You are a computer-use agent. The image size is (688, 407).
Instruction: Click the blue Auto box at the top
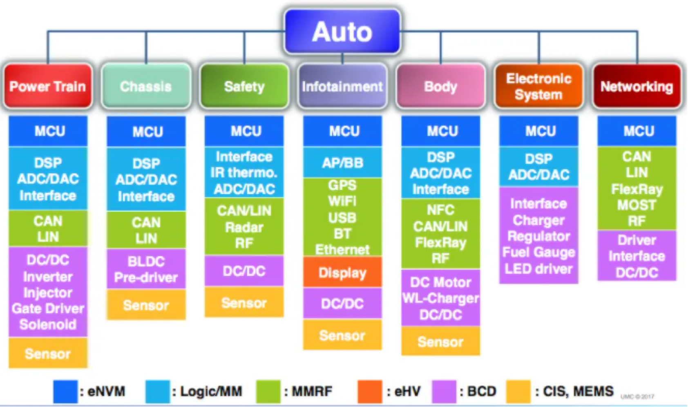342,32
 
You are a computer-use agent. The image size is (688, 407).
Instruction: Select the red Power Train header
48,86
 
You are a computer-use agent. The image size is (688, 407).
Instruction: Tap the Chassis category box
146,86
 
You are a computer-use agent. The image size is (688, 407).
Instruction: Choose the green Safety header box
244,86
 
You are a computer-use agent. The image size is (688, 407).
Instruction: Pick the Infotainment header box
342,86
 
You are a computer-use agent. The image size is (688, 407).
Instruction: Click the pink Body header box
440,86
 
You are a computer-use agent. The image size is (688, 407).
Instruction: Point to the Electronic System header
538,86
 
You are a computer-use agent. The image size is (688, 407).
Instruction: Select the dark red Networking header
637,86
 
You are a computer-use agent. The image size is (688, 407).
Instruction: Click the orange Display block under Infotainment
342,273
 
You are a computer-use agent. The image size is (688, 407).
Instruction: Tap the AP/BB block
342,163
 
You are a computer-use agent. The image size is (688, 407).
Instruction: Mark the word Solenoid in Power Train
48,324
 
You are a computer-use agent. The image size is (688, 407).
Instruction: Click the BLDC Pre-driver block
146,269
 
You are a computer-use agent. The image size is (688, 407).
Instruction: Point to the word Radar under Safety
244,227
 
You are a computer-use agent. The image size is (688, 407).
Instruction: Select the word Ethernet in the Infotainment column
342,249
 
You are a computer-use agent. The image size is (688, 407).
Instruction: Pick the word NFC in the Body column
440,210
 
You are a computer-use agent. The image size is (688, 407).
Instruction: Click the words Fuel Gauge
538,252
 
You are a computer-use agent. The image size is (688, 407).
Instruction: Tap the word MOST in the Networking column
637,205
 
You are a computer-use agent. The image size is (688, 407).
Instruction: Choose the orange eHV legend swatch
369,391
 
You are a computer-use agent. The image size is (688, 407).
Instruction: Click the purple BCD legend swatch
444,391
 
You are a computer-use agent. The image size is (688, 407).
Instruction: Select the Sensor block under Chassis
146,305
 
